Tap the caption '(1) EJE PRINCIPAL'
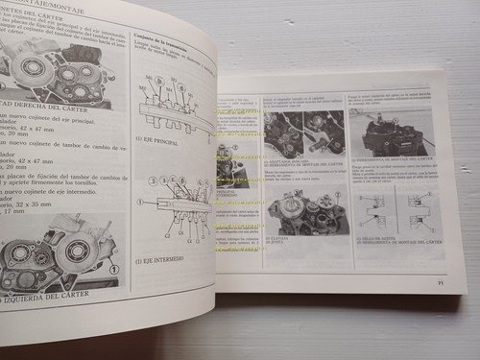tap(157, 139)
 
